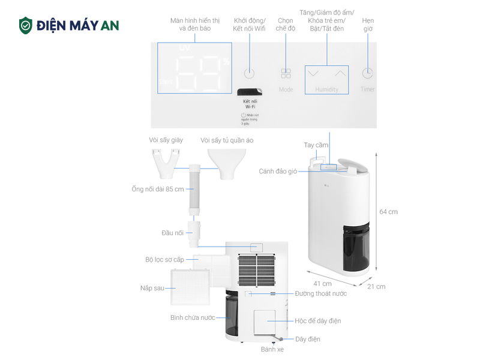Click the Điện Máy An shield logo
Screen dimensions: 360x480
pyautogui.click(x=25, y=25)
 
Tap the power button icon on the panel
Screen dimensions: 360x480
pyautogui.click(x=250, y=74)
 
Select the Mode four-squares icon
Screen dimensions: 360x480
pyautogui.click(x=286, y=74)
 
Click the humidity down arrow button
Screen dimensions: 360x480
pyautogui.click(x=313, y=74)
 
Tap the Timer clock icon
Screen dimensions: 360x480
pyautogui.click(x=367, y=73)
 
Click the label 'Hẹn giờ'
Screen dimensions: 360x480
pyautogui.click(x=368, y=25)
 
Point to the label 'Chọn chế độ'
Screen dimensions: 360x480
pyautogui.click(x=286, y=25)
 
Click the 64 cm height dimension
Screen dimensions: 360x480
pyautogui.click(x=388, y=212)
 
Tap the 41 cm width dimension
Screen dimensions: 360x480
pyautogui.click(x=322, y=284)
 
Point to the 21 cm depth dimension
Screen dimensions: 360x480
pyautogui.click(x=377, y=286)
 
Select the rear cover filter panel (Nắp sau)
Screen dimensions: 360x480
pyautogui.click(x=189, y=288)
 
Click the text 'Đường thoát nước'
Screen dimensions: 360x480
pyautogui.click(x=321, y=293)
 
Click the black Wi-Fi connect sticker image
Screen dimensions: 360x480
pyautogui.click(x=249, y=92)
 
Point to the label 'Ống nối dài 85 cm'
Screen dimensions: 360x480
pyautogui.click(x=157, y=190)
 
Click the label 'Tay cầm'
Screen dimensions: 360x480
pyautogui.click(x=316, y=145)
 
